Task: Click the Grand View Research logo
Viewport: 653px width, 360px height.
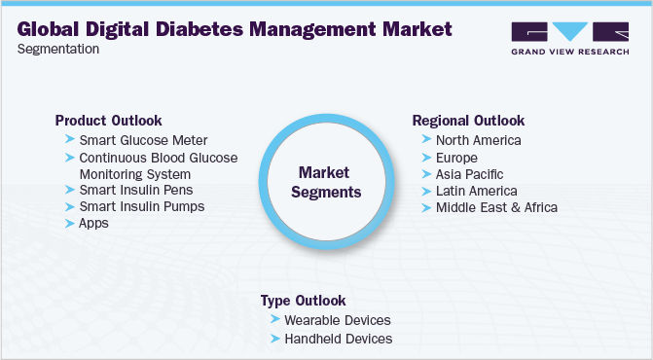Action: point(568,36)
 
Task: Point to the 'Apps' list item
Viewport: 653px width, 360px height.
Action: point(94,223)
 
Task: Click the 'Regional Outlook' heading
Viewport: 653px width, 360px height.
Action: point(469,121)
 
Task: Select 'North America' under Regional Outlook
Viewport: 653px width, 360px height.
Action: point(479,140)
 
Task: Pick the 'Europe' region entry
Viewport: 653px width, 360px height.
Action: point(456,157)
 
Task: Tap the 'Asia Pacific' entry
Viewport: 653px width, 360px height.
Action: point(470,173)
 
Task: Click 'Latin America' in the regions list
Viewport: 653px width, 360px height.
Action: point(477,191)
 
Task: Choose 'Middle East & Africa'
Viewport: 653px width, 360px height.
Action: point(497,207)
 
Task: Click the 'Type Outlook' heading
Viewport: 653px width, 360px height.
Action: point(303,301)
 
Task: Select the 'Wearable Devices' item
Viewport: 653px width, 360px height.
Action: point(337,320)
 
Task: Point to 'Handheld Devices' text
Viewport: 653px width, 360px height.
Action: point(338,339)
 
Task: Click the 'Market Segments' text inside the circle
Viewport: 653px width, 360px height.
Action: point(327,182)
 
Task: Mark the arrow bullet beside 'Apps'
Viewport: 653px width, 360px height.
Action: point(70,223)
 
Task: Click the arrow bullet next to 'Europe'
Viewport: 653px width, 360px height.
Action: point(427,158)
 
